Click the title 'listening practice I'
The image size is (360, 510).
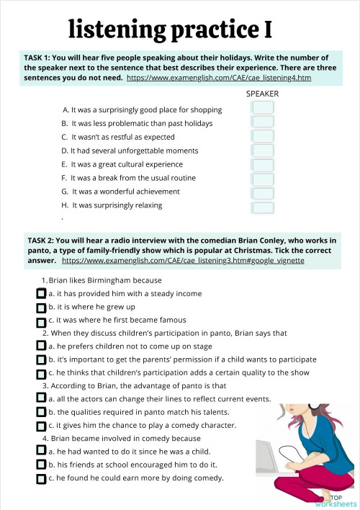(170, 30)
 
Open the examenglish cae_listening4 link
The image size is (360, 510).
(219, 77)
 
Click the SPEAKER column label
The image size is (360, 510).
(262, 94)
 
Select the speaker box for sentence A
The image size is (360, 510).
(264, 107)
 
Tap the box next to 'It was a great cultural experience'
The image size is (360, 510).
(264, 164)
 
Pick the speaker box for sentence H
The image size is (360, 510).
(264, 207)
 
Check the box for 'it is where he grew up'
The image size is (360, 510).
(41, 307)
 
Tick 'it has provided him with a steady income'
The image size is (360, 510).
(41, 294)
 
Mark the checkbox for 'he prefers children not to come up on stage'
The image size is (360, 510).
(41, 346)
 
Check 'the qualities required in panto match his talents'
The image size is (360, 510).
(41, 413)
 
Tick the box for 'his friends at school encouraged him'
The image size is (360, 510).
(41, 465)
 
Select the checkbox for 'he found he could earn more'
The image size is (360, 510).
(41, 478)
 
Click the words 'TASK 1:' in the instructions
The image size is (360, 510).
(40, 57)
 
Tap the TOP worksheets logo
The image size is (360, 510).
(335, 500)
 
